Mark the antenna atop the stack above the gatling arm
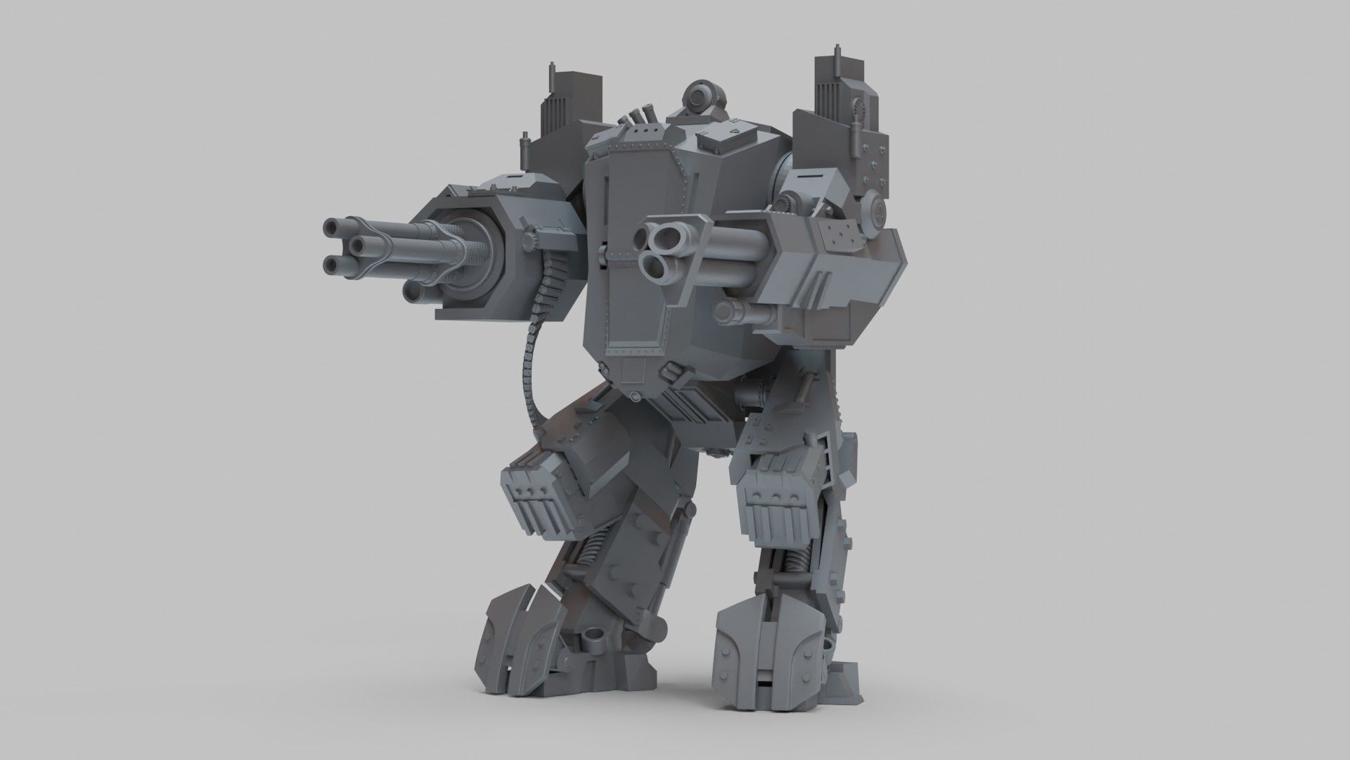[x=551, y=73]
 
